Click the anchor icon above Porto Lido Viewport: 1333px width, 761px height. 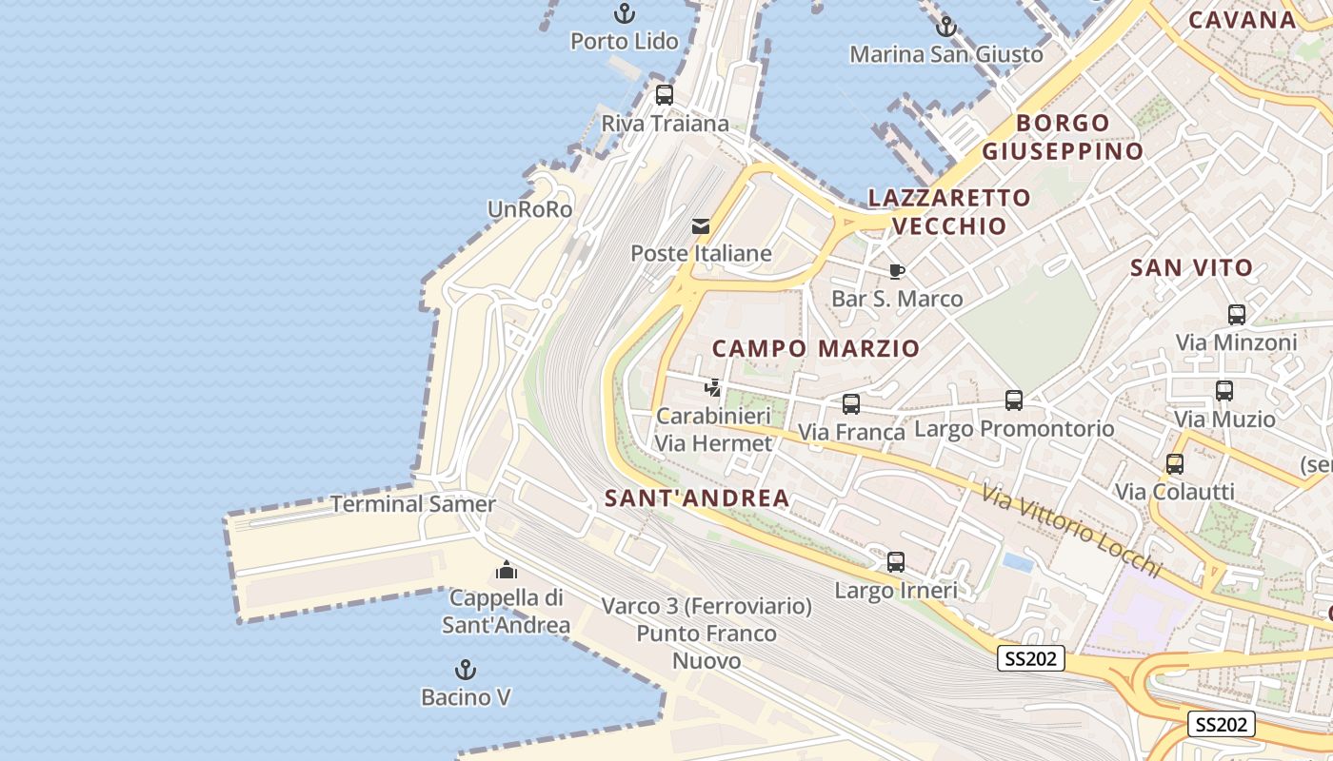[x=625, y=13]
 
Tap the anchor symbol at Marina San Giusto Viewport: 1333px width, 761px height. [x=945, y=27]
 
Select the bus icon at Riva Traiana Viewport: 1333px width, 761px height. [x=665, y=95]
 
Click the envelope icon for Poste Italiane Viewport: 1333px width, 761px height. [x=701, y=226]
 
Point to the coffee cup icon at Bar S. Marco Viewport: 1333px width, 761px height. [x=897, y=271]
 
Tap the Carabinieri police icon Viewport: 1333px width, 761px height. [x=712, y=388]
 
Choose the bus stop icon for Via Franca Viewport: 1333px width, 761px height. [x=851, y=404]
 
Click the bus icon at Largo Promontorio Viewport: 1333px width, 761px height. [x=1014, y=400]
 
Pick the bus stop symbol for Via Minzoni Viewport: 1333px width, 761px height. [x=1237, y=315]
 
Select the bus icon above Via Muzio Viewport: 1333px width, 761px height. [x=1224, y=391]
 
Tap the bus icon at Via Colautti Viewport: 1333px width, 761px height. [x=1175, y=464]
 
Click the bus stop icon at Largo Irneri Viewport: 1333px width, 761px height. [x=896, y=562]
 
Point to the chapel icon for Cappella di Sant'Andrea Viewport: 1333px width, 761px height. [x=507, y=570]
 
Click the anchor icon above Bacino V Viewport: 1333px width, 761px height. [x=466, y=670]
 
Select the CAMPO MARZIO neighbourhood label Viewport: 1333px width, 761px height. [x=816, y=348]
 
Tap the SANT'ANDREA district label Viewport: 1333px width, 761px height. [x=697, y=498]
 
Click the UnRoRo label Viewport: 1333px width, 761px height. [x=530, y=209]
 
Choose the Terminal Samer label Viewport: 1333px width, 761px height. [x=413, y=504]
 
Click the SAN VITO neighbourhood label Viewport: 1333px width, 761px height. [x=1191, y=268]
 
